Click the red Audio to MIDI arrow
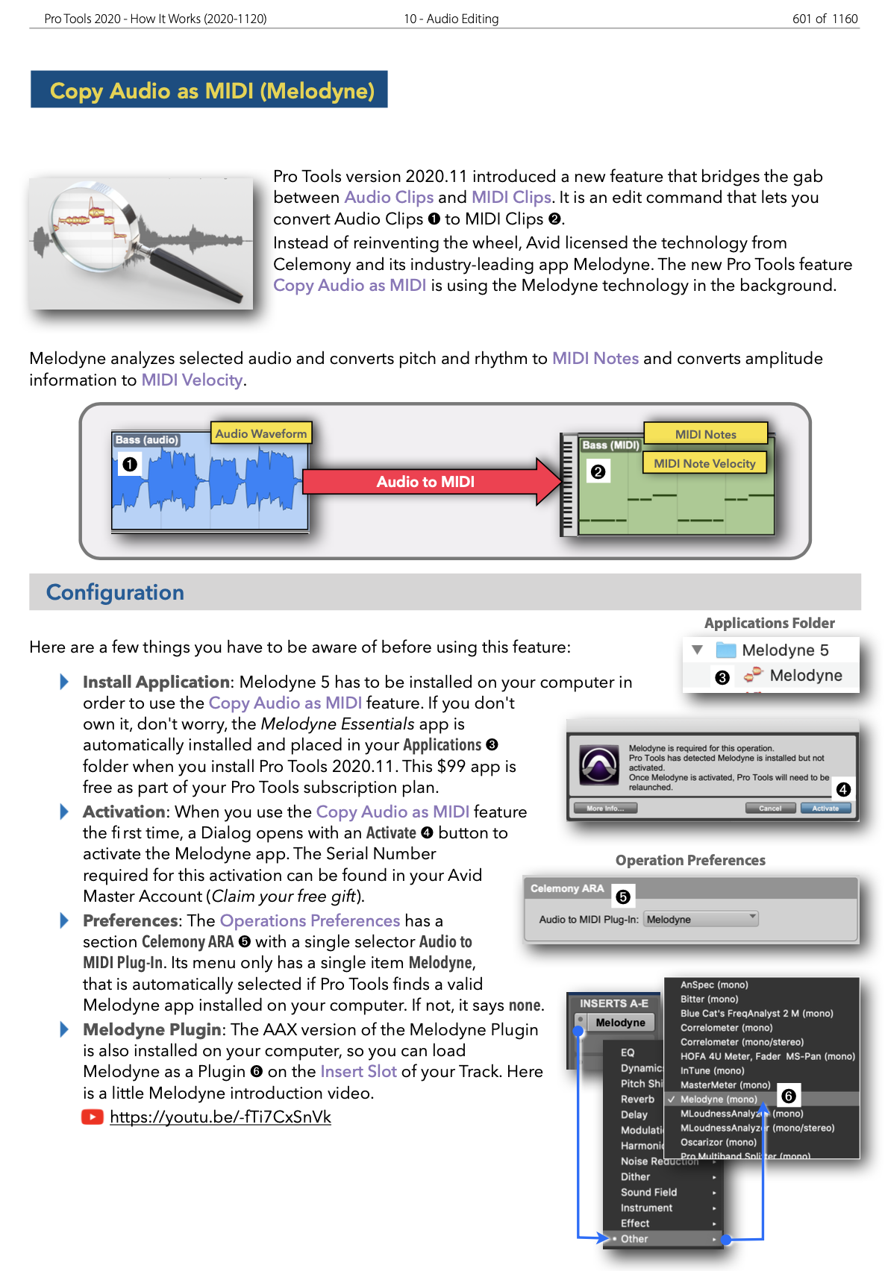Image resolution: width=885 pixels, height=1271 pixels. [x=426, y=482]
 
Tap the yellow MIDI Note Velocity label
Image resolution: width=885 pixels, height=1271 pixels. [x=704, y=463]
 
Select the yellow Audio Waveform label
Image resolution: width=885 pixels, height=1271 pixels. [x=260, y=433]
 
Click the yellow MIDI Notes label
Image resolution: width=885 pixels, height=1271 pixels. [x=705, y=434]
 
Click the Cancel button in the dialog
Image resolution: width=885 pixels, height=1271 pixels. [x=770, y=809]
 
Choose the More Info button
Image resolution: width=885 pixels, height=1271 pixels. [x=604, y=809]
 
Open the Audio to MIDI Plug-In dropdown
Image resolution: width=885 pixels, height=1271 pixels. [x=701, y=919]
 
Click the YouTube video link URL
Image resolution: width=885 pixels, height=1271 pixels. [x=220, y=1117]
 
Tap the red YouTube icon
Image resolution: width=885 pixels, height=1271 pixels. [x=93, y=1117]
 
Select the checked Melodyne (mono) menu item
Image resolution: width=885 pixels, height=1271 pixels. [x=718, y=1099]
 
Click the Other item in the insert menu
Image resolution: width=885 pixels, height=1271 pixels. [x=634, y=1239]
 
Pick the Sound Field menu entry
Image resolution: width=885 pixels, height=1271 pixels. [x=648, y=1192]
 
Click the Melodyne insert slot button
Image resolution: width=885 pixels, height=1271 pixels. [x=620, y=1023]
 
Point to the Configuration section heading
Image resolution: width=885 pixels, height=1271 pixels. [x=115, y=592]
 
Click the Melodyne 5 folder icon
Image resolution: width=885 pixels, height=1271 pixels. [x=725, y=650]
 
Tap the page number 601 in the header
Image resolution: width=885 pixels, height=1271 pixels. [x=801, y=19]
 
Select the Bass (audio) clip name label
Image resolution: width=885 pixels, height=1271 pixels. [x=146, y=440]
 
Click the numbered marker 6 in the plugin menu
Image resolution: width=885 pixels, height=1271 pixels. [x=788, y=1096]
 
